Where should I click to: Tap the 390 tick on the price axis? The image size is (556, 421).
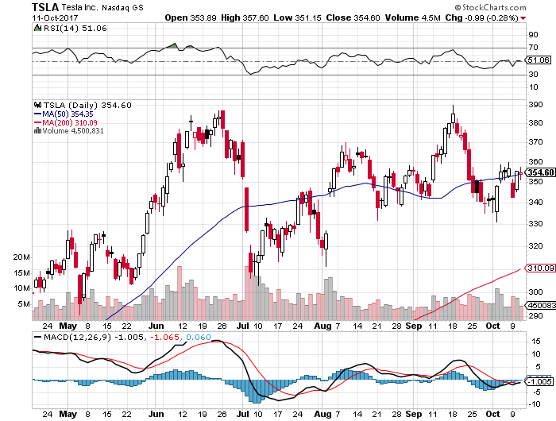pos(535,104)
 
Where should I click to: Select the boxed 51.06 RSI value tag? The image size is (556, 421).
pos(539,60)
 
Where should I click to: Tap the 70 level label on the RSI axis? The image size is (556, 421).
pos(532,48)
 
